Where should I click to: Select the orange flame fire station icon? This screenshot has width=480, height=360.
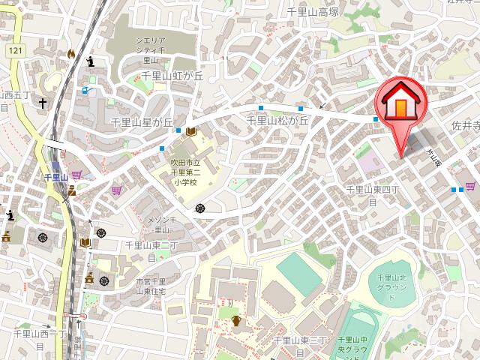click(x=70, y=54)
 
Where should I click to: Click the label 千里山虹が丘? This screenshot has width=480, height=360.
click(x=172, y=75)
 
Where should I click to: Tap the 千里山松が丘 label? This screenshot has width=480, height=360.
click(x=278, y=120)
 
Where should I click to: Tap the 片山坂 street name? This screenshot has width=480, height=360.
click(x=431, y=158)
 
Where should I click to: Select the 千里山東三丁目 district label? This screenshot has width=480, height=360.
click(x=300, y=345)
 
